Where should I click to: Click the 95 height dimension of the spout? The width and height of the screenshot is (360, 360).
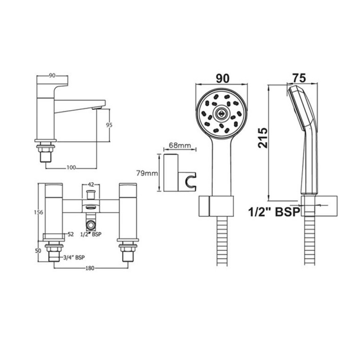click(x=109, y=125)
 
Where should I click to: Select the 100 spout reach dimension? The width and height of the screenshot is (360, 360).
click(x=71, y=167)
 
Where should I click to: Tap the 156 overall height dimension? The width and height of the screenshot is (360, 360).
click(x=38, y=212)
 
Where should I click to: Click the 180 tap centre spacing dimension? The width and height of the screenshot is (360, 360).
click(x=90, y=268)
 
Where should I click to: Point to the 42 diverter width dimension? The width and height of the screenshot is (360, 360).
click(x=91, y=184)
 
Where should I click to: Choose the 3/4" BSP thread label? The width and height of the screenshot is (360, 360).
click(x=74, y=257)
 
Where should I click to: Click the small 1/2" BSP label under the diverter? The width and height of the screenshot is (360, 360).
click(x=91, y=234)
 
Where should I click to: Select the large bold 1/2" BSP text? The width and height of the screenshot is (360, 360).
click(x=274, y=211)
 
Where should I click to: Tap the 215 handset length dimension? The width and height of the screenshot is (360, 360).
click(x=263, y=138)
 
